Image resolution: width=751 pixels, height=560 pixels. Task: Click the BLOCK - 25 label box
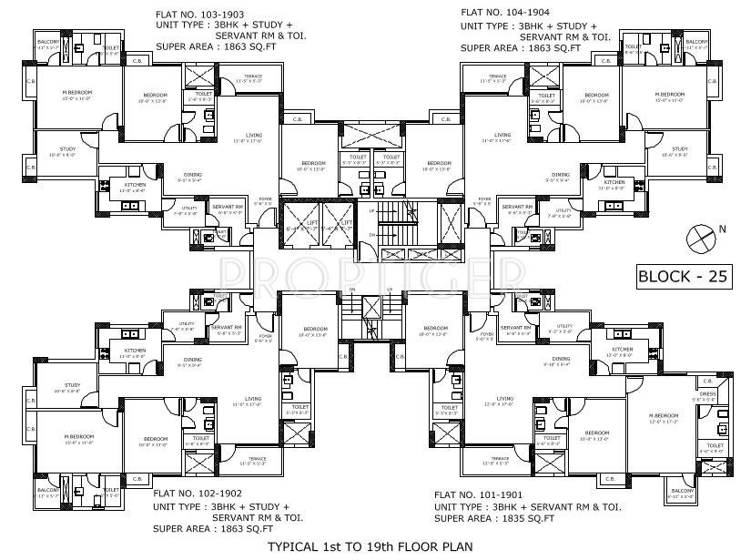click(684, 277)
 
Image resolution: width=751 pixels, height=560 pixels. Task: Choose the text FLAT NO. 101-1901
click(479, 493)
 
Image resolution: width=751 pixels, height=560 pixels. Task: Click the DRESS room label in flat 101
click(703, 394)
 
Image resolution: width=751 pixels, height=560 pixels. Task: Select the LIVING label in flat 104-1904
click(502, 135)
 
